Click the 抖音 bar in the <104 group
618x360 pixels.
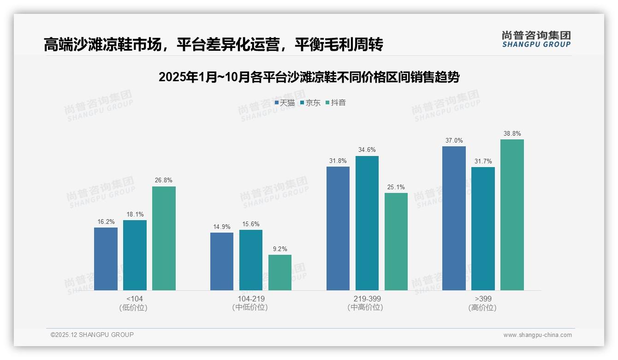point(164,238)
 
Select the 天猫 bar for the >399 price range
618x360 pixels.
point(454,218)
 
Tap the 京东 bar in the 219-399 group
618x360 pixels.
point(367,223)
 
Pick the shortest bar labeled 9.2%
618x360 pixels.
point(280,272)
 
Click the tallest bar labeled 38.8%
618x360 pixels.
point(512,215)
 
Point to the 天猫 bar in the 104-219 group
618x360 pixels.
point(222,261)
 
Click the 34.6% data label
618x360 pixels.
point(367,150)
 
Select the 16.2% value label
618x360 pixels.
point(106,222)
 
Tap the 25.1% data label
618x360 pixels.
point(396,187)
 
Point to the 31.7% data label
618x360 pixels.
point(483,161)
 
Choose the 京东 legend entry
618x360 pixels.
point(310,102)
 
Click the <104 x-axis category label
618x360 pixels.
point(134,299)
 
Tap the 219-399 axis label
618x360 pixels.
point(367,299)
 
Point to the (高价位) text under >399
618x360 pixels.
point(483,308)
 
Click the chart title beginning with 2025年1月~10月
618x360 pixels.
point(309,77)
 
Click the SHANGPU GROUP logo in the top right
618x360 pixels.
point(536,39)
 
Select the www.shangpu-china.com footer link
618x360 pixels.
point(537,335)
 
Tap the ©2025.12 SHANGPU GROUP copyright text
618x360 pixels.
point(92,335)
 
